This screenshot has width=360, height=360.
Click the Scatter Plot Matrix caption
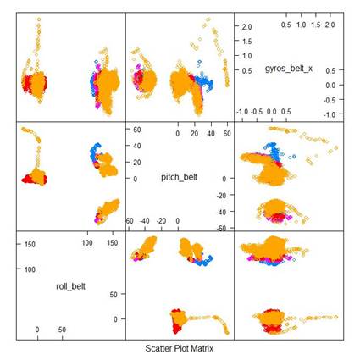click(x=180, y=348)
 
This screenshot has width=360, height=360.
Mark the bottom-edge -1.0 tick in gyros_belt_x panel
click(x=241, y=110)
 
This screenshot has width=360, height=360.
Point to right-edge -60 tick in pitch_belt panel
click(x=216, y=228)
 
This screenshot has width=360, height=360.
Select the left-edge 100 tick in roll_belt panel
click(x=29, y=269)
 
